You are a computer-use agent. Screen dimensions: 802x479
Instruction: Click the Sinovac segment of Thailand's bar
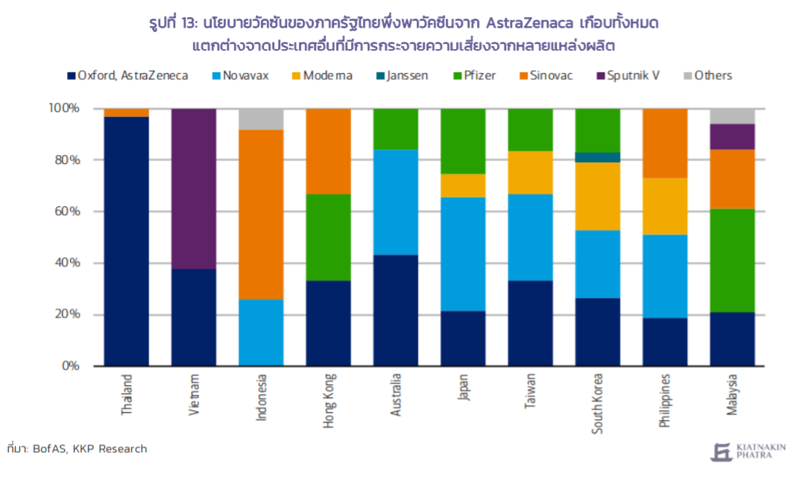[x=126, y=112]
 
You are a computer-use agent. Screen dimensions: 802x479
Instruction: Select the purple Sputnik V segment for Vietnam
[x=194, y=188]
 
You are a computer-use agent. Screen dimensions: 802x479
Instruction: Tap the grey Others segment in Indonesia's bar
[x=262, y=119]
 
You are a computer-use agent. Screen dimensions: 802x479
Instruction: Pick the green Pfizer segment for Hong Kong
[x=329, y=238]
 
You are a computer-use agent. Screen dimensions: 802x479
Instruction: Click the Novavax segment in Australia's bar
[x=396, y=203]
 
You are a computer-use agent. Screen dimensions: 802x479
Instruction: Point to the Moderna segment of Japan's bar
[x=463, y=185]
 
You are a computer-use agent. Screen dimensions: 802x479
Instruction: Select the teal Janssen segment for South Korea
[x=598, y=157]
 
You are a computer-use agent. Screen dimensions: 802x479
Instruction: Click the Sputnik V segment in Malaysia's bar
[x=733, y=136]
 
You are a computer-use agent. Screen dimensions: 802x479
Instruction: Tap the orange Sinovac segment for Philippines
[x=665, y=143]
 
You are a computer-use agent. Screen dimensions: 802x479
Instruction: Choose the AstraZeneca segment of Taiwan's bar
[x=531, y=323]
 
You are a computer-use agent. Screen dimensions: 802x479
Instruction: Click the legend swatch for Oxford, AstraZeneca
[x=72, y=76]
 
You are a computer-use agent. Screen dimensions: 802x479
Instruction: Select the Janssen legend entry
[x=402, y=76]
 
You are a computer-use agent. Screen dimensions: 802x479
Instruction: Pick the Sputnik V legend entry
[x=628, y=76]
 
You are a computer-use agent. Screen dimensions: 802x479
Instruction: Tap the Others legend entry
[x=708, y=76]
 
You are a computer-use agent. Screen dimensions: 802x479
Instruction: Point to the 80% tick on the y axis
[x=68, y=160]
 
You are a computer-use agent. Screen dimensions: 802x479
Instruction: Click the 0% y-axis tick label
[x=71, y=366]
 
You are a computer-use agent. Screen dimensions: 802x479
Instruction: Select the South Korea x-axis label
[x=598, y=404]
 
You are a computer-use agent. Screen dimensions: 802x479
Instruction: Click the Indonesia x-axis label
[x=262, y=398]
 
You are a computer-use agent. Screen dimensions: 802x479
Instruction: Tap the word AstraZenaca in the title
[x=529, y=24]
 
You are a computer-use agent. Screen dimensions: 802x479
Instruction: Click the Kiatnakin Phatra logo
[x=748, y=452]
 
